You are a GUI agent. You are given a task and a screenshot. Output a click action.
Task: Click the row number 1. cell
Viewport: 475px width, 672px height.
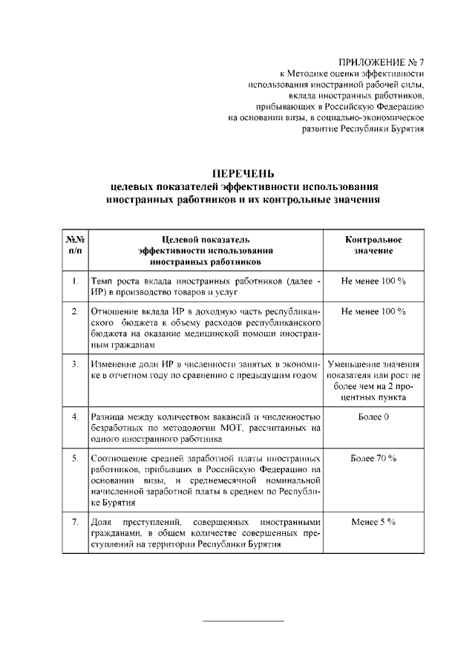coord(75,283)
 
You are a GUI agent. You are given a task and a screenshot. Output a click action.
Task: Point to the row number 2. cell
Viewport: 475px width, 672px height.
coord(75,312)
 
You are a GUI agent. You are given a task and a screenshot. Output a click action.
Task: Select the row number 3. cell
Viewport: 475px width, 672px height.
coord(75,365)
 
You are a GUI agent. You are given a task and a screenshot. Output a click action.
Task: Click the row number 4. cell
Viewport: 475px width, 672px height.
coord(75,418)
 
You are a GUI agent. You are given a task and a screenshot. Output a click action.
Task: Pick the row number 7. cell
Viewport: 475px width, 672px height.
coord(75,523)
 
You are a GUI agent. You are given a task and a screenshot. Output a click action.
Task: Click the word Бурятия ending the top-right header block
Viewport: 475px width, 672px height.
coord(403,128)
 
